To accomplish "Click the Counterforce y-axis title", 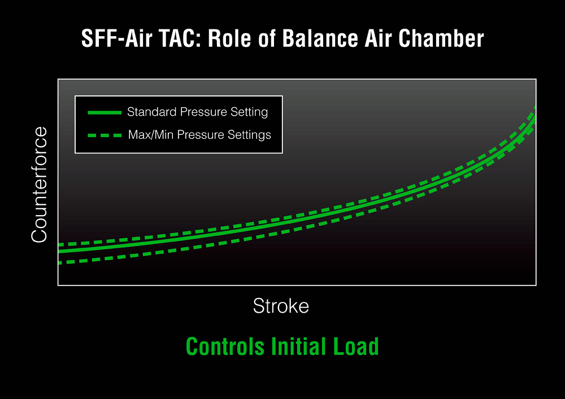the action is pos(40,185).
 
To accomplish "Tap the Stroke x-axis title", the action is pos(281,306).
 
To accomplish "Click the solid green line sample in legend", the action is pos(105,113).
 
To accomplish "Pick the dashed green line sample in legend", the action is pos(105,135).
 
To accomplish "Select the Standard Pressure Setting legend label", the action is pos(197,112).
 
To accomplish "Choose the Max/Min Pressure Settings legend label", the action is pos(199,134).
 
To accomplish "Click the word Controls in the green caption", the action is pos(225,347).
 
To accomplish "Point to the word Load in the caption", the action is pos(356,347).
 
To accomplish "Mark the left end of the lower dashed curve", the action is pos(59,263).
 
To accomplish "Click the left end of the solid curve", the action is pos(59,251).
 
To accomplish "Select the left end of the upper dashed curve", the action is pos(59,245).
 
